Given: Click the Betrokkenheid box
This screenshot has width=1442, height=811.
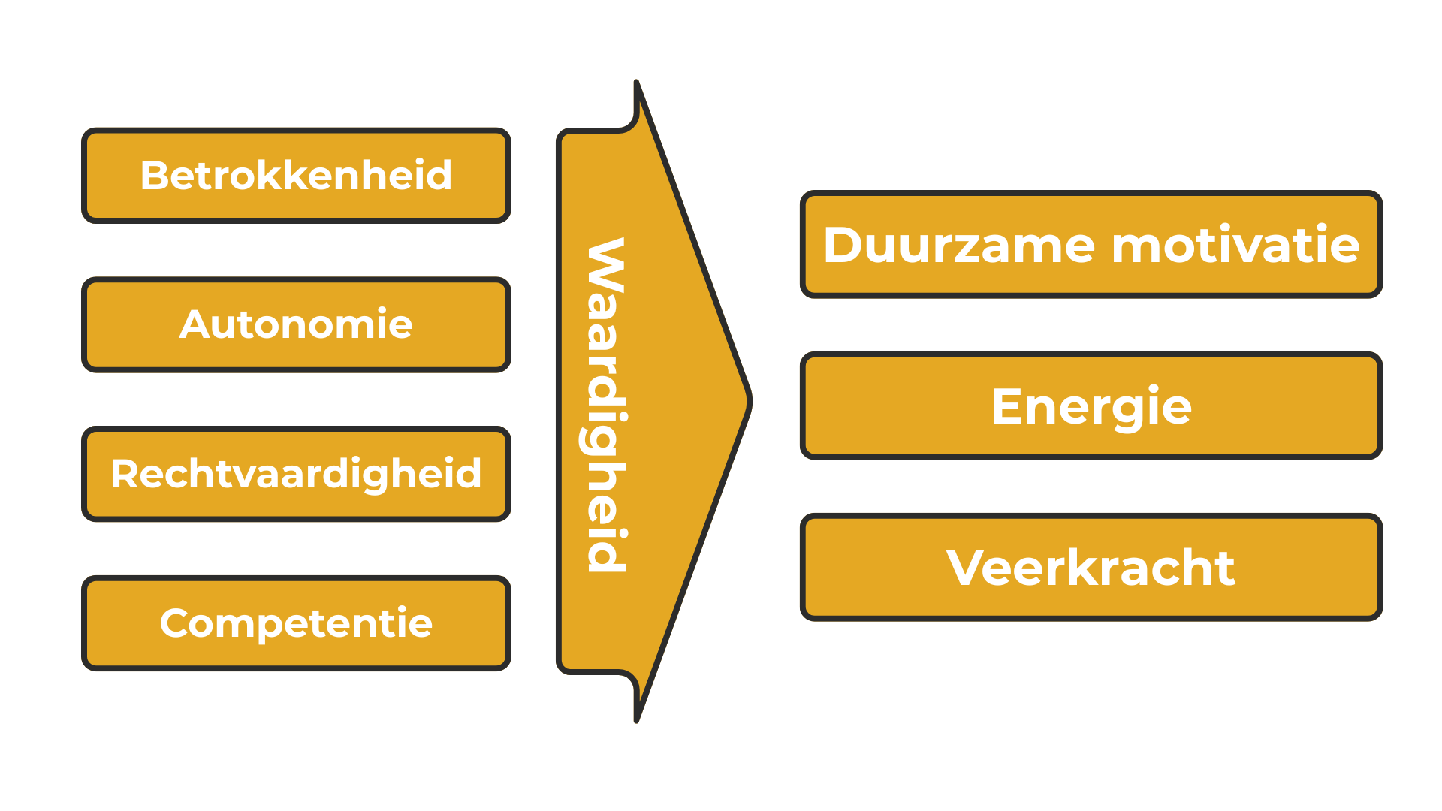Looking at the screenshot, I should click(x=296, y=176).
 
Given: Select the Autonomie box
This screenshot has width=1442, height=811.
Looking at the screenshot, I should click(x=296, y=324).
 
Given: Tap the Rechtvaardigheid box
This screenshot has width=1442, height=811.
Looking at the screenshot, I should click(x=296, y=474).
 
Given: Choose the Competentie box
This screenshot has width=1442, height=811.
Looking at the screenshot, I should click(x=296, y=623).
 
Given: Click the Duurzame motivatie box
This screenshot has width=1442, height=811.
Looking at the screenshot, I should click(x=1091, y=245).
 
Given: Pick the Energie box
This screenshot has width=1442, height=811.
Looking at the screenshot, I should click(x=1091, y=405).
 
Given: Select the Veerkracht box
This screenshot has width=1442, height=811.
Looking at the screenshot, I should click(x=1091, y=567).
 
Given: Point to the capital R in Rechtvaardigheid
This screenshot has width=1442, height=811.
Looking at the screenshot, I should click(x=125, y=474).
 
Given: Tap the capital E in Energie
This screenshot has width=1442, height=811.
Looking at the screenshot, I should click(x=1007, y=406).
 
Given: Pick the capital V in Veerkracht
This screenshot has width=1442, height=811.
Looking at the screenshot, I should click(x=966, y=568).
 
